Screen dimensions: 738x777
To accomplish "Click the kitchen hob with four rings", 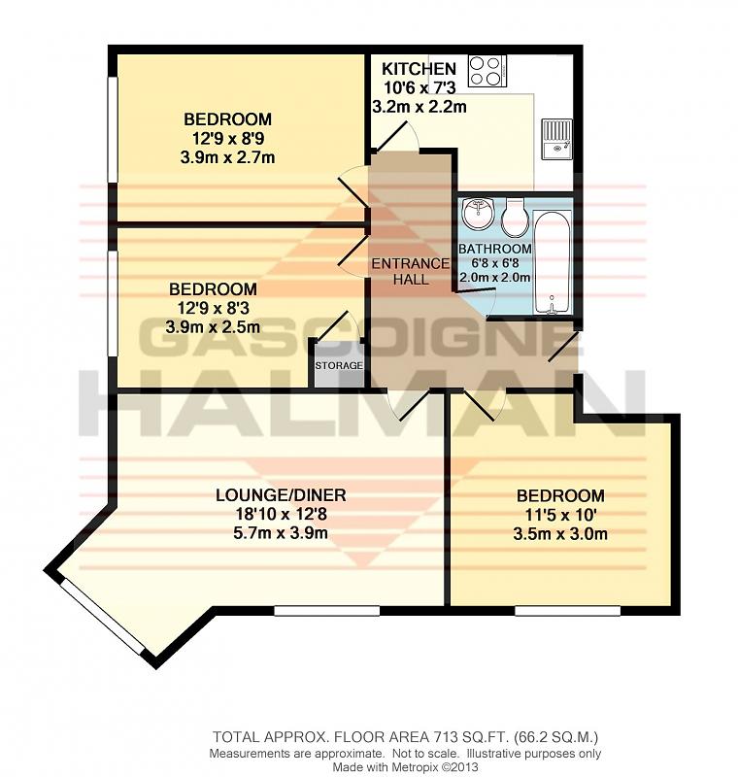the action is [487, 71].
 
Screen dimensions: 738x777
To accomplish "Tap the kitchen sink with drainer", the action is [556, 139].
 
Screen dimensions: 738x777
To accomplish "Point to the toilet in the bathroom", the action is [514, 218].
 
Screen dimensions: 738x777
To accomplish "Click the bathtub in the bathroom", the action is [553, 262].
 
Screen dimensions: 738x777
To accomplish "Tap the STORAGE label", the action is [339, 366].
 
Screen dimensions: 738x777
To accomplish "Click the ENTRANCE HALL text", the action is [411, 272].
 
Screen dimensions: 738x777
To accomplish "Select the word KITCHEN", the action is [419, 68].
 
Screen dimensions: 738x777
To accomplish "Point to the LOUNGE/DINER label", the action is [281, 495].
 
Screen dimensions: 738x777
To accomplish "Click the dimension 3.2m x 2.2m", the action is [419, 107].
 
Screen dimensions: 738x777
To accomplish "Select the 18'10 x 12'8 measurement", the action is [281, 515].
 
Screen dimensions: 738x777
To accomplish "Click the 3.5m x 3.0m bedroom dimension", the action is [560, 534].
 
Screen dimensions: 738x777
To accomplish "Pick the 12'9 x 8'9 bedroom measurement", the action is [228, 138].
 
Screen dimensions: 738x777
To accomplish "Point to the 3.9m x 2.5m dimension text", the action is [213, 327].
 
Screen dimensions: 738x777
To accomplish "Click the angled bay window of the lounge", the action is [103, 616].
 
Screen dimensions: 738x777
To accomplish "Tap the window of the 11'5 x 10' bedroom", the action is [568, 611].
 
